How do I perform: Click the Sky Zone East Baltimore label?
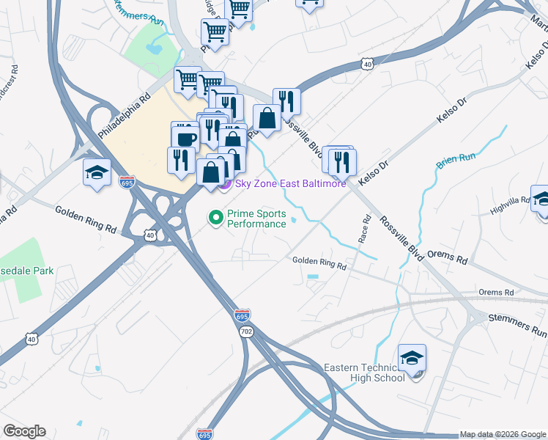(x=290, y=183)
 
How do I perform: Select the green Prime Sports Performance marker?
(x=215, y=217)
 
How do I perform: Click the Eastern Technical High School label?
(x=365, y=372)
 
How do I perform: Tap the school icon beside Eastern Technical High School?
(x=412, y=358)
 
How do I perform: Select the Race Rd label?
(x=364, y=228)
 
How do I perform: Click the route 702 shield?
(x=245, y=332)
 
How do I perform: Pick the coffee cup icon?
(x=186, y=139)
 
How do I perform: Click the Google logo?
(x=24, y=431)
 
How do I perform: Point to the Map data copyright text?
(x=503, y=434)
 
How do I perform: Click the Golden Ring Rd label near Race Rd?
(x=319, y=261)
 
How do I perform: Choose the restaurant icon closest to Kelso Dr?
(x=342, y=161)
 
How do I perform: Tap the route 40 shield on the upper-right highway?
(x=368, y=65)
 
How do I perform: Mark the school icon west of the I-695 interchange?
(x=97, y=173)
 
